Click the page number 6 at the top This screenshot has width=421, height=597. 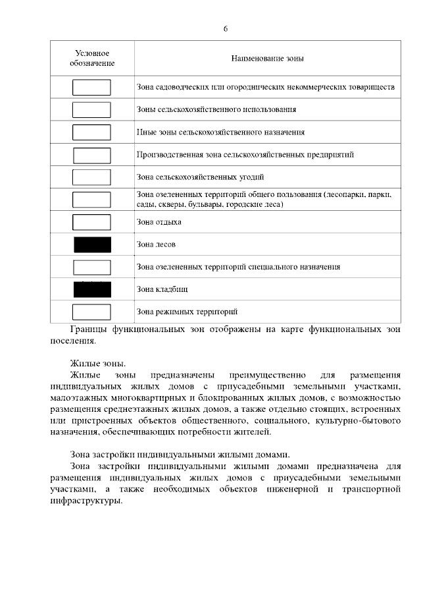tap(226, 29)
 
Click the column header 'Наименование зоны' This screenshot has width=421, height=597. tap(267, 58)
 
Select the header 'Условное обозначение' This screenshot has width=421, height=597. tap(92, 58)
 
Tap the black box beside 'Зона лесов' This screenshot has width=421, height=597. tap(92, 244)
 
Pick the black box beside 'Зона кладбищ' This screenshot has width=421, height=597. tap(92, 289)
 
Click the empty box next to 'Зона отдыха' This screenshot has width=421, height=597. tap(91, 222)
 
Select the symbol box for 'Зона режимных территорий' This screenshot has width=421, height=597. tap(91, 311)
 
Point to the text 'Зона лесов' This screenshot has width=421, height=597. tap(156, 244)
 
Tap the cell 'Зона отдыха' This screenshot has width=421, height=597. tap(159, 222)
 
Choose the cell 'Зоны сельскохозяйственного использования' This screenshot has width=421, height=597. tap(216, 109)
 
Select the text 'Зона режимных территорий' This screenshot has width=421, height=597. tap(186, 311)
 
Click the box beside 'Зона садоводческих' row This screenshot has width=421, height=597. tap(91, 87)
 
